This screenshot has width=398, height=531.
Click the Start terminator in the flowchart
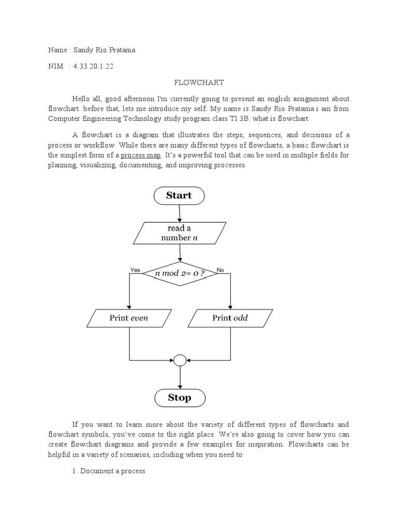[x=179, y=195]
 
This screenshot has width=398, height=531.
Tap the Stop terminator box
[x=179, y=398]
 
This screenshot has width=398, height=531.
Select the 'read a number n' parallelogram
[x=179, y=233]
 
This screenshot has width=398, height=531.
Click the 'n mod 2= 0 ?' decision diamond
[x=179, y=273]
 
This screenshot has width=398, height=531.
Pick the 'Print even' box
[x=129, y=318]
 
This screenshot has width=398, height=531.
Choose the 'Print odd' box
[x=230, y=318]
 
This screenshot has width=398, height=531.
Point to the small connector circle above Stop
[x=179, y=359]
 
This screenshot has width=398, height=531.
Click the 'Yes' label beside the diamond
[x=135, y=270]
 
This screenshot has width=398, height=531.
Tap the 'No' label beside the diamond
[x=220, y=270]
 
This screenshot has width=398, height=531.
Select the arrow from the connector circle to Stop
[x=179, y=377]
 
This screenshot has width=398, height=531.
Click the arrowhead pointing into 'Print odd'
[x=230, y=306]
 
